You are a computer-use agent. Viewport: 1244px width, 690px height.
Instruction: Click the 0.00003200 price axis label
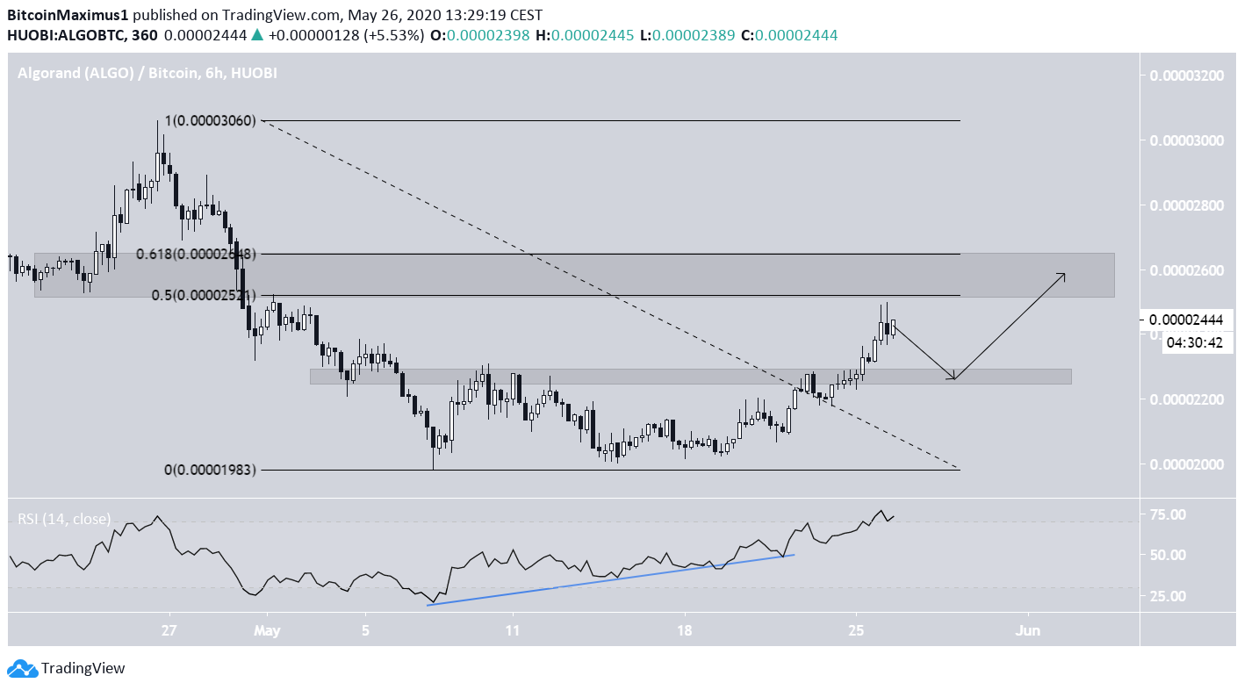point(1186,75)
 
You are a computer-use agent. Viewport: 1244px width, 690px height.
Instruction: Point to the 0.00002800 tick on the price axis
point(1186,205)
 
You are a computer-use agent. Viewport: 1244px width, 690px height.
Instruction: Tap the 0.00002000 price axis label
point(1186,464)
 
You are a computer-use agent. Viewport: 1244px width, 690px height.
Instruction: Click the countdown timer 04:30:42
point(1193,342)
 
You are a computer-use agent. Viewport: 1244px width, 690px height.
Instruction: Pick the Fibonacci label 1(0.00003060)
point(211,121)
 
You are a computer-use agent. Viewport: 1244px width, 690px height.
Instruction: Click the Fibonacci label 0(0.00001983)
point(211,470)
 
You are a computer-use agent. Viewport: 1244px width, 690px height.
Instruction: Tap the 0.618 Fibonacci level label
point(195,255)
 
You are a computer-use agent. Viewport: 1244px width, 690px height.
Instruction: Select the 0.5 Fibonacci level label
point(203,295)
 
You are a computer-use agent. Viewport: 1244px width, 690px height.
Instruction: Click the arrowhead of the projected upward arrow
point(1064,275)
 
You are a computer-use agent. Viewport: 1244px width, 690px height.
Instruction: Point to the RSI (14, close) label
point(64,519)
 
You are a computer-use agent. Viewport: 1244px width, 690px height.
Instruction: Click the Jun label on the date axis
point(1027,630)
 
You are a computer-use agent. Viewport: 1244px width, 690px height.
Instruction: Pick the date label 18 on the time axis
point(685,630)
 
